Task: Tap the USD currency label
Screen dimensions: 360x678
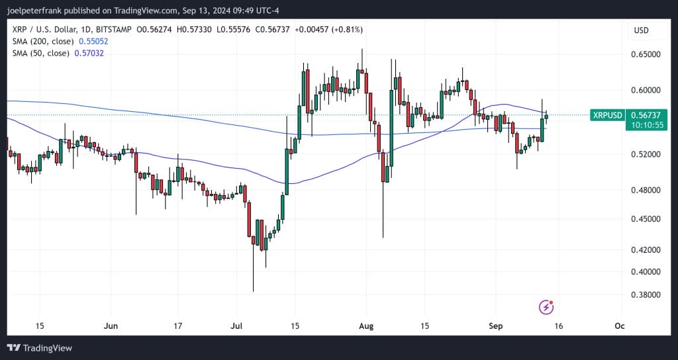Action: [641, 30]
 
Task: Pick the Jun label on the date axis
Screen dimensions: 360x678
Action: [111, 326]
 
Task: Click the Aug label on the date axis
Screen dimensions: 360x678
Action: [366, 326]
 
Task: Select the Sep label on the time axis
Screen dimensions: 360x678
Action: [496, 326]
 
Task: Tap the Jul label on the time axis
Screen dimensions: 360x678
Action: [237, 326]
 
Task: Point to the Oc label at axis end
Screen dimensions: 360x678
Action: [619, 326]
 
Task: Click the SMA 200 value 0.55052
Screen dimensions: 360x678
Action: [93, 41]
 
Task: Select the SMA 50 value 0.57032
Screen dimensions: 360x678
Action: [89, 53]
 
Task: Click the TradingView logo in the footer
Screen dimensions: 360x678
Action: [40, 348]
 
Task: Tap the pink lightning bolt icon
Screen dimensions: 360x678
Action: [546, 306]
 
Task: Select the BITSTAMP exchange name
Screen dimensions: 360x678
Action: [115, 30]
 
